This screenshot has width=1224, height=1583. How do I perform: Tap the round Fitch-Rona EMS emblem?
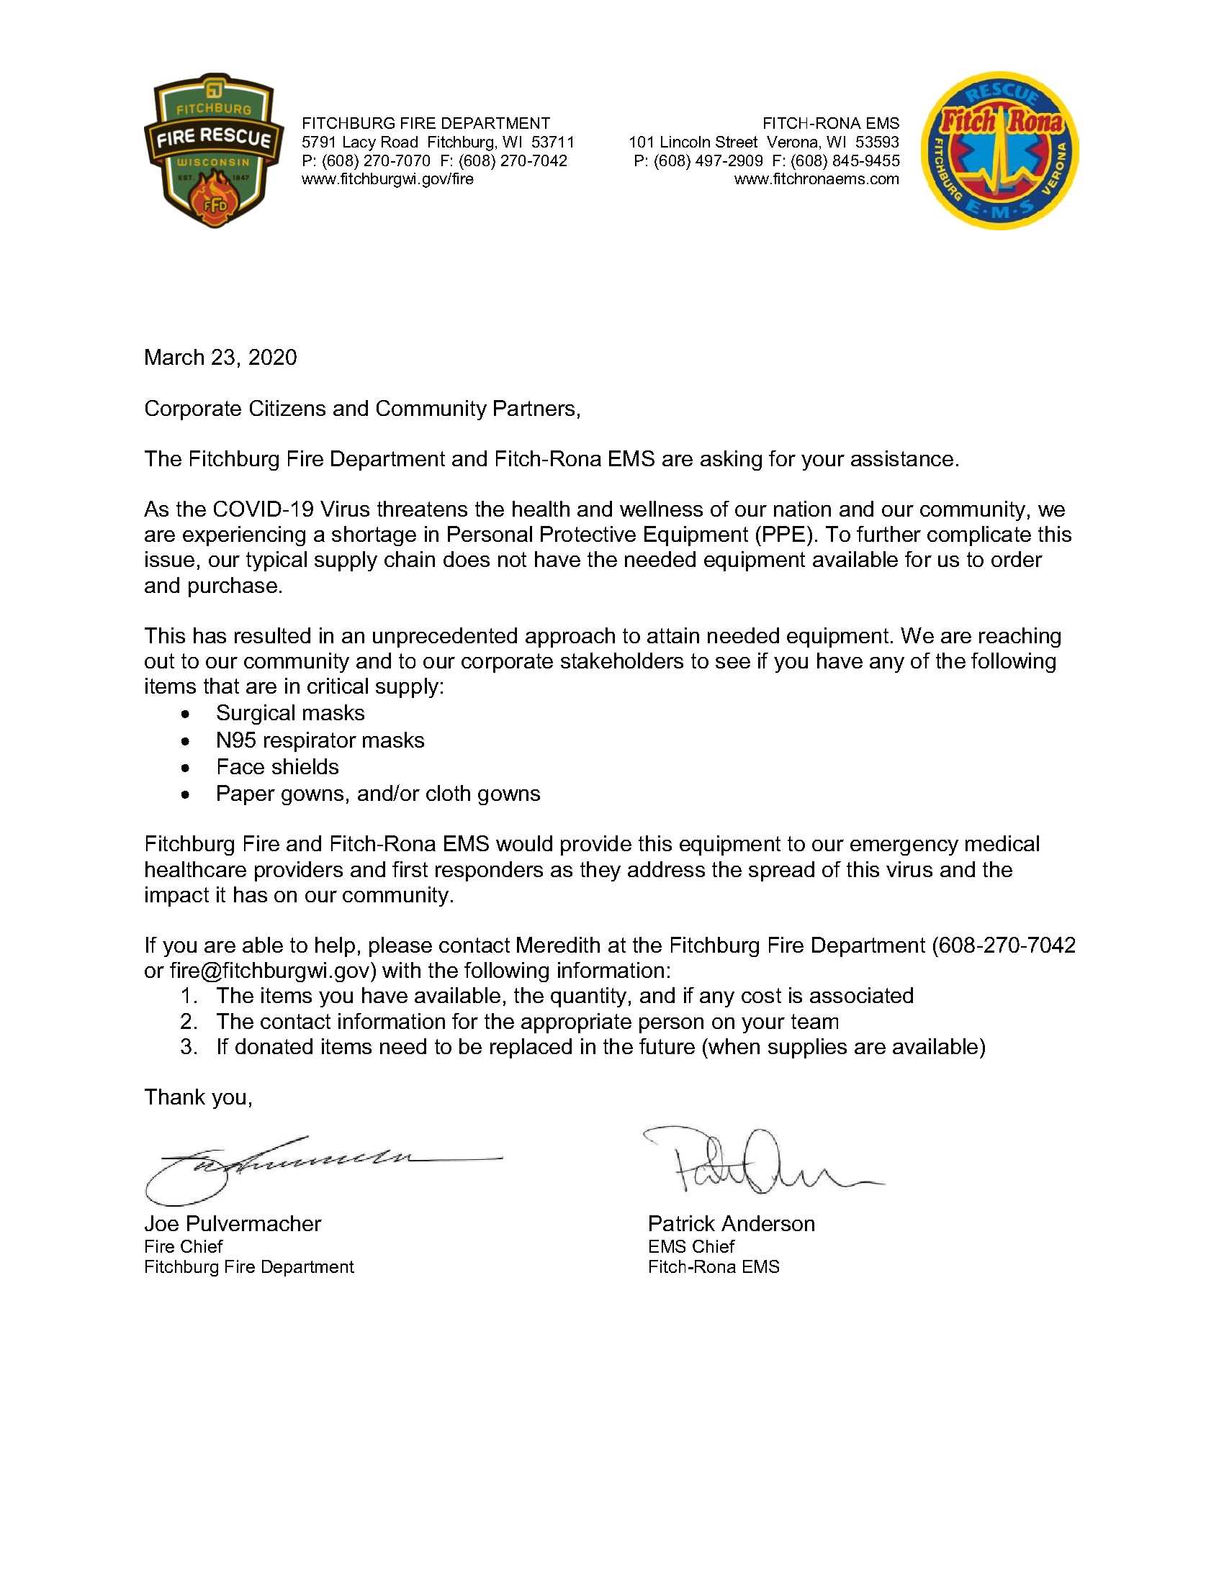tap(1000, 151)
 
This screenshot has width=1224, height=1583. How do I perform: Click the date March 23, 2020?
tap(220, 358)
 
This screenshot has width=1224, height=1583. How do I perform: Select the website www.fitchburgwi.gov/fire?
tap(387, 179)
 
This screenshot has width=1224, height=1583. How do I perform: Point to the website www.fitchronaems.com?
tap(816, 179)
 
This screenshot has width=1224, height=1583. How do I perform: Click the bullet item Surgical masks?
tap(290, 713)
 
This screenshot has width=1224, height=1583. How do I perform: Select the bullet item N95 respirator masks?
tap(320, 740)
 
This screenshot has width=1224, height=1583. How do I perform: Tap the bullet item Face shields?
tap(277, 767)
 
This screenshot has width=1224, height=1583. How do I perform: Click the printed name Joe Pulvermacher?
tap(232, 1224)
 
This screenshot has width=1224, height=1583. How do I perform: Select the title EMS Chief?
tap(690, 1247)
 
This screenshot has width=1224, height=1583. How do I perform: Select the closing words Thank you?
tap(197, 1097)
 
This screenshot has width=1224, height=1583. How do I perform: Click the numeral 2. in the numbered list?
tap(189, 1022)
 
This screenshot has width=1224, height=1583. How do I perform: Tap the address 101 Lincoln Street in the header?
tap(693, 142)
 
